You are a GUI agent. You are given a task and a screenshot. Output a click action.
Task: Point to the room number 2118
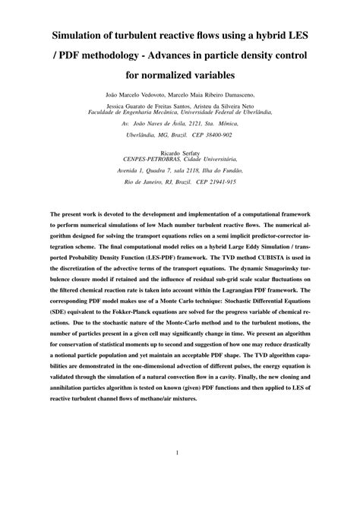204,172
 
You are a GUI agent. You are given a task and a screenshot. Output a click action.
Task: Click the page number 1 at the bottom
177,454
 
